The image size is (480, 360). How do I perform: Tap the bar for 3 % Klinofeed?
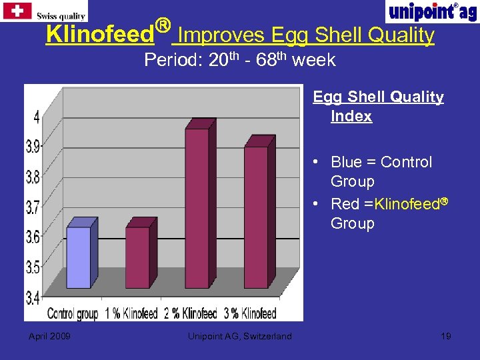pos(255,217)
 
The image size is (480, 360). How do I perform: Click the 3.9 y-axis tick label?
pos(33,147)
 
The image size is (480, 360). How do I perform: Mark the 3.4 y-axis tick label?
pos(33,296)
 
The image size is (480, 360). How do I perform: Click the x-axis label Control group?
pos(73,313)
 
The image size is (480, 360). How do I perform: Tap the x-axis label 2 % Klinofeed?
pos(189,313)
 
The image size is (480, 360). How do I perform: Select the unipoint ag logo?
pos(431,11)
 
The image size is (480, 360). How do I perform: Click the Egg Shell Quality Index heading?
pos(378,107)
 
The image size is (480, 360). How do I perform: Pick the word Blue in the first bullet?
pos(346,162)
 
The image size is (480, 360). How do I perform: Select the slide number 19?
pos(446,336)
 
